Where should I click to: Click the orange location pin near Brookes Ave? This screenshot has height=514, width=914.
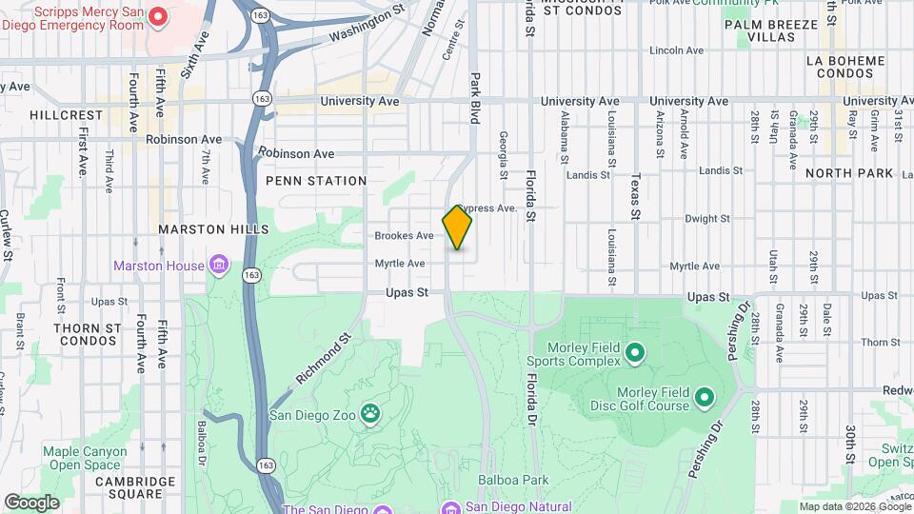click(x=458, y=227)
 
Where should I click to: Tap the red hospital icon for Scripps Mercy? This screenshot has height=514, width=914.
click(x=159, y=16)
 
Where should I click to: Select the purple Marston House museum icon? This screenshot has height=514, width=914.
click(x=220, y=264)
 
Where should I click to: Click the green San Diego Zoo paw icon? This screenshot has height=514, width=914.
click(x=368, y=414)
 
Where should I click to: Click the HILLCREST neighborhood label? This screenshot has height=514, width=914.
click(x=66, y=114)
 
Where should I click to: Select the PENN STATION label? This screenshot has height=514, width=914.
click(x=316, y=181)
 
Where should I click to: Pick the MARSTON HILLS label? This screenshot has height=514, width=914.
click(x=213, y=229)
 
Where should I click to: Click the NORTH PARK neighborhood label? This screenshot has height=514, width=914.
click(x=849, y=173)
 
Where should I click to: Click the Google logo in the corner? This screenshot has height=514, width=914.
click(x=31, y=502)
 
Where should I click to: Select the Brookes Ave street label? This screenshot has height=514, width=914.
click(x=404, y=235)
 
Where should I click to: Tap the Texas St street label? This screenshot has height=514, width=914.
click(x=635, y=196)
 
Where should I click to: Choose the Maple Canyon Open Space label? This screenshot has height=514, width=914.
click(x=85, y=458)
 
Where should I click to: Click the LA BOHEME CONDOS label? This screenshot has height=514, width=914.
click(x=845, y=67)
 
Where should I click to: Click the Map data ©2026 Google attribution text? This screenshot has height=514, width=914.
click(x=854, y=506)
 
